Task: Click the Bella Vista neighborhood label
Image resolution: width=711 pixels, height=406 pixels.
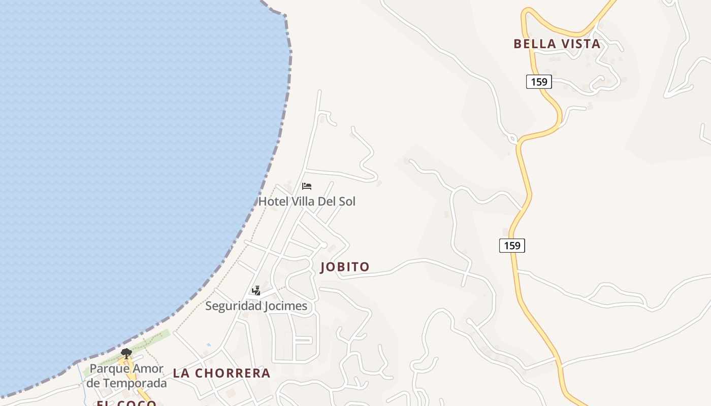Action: [557, 44]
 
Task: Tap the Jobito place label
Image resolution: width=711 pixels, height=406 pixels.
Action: [345, 267]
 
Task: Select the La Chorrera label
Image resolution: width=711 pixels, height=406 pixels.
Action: [221, 373]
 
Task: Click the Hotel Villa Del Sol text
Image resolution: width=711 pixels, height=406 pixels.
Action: [307, 201]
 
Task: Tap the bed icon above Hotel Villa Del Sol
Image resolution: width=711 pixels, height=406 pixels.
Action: [307, 186]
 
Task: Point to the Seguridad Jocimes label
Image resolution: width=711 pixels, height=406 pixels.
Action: [256, 306]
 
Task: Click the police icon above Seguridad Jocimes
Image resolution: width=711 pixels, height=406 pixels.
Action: [256, 291]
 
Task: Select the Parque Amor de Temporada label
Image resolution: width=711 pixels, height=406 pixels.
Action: [126, 376]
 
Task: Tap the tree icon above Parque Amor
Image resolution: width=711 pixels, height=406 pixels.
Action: [126, 353]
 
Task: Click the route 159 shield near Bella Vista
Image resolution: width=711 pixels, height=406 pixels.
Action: [539, 82]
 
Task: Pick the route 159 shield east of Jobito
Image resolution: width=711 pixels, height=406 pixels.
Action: [512, 246]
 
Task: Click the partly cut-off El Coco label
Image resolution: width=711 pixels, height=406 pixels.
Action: [126, 403]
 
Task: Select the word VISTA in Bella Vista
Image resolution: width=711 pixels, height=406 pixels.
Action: [580, 44]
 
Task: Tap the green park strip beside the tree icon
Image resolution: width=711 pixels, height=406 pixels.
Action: [152, 340]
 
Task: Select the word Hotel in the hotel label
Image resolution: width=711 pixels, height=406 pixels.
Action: [272, 201]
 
